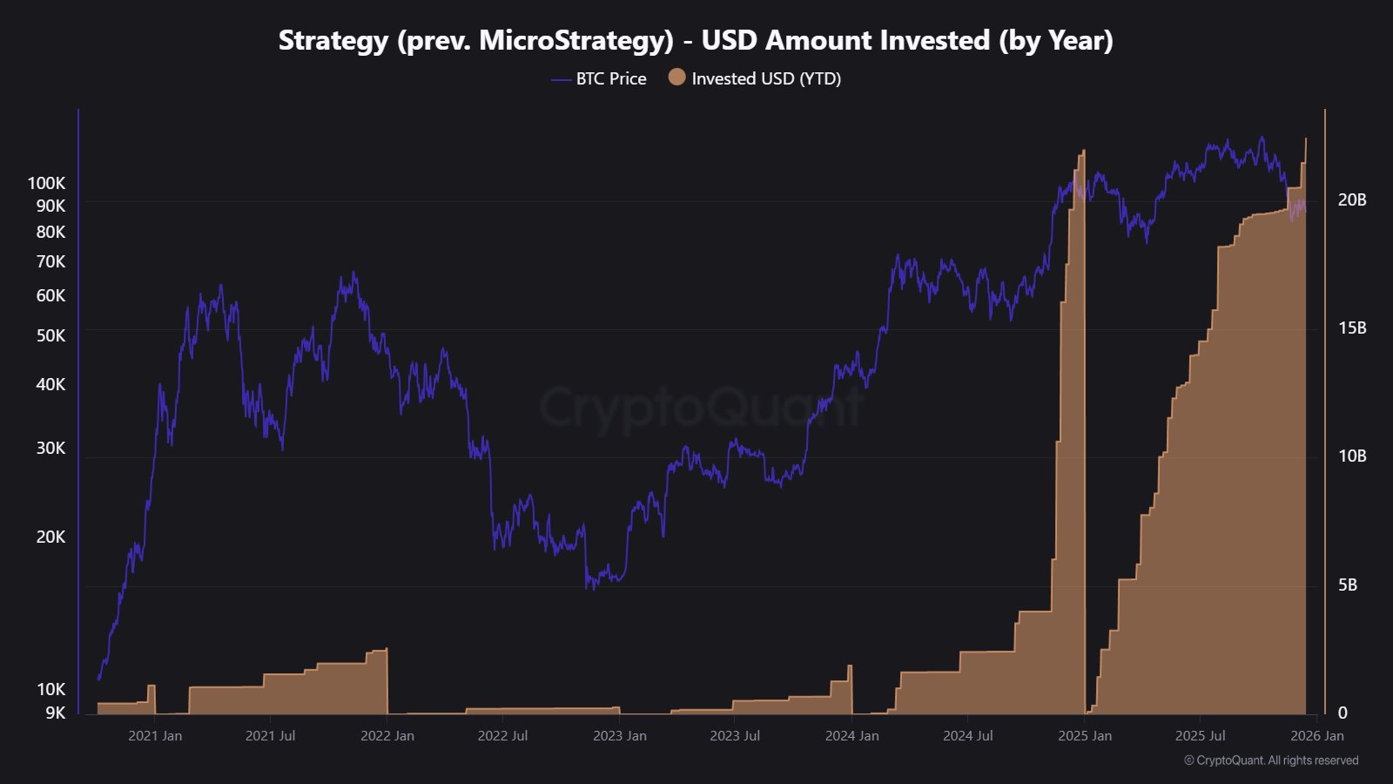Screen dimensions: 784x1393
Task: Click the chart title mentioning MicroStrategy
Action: click(696, 40)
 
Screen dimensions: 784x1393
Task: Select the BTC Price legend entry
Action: click(599, 78)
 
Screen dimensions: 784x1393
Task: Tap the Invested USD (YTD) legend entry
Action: click(755, 78)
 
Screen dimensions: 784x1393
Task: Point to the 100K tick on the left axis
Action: click(46, 183)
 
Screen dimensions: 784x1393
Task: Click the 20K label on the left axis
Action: click(50, 537)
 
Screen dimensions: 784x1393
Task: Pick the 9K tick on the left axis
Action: click(55, 713)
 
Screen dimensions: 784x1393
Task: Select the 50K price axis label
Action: click(50, 335)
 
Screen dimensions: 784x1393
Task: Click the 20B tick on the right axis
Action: click(1351, 199)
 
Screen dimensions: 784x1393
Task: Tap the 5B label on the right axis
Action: click(1347, 585)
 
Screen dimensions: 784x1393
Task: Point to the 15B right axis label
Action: click(1351, 328)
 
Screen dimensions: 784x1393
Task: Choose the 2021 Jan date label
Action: click(155, 735)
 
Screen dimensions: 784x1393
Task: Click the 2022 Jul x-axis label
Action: click(502, 735)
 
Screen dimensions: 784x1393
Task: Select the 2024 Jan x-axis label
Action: click(851, 735)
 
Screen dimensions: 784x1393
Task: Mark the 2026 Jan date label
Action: click(1316, 735)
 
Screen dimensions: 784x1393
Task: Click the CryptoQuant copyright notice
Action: click(1270, 760)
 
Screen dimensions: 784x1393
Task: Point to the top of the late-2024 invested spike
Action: click(1083, 152)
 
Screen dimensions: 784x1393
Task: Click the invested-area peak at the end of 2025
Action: click(1305, 139)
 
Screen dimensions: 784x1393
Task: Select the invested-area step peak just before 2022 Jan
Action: click(386, 650)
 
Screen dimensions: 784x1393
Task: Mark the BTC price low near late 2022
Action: click(590, 587)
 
